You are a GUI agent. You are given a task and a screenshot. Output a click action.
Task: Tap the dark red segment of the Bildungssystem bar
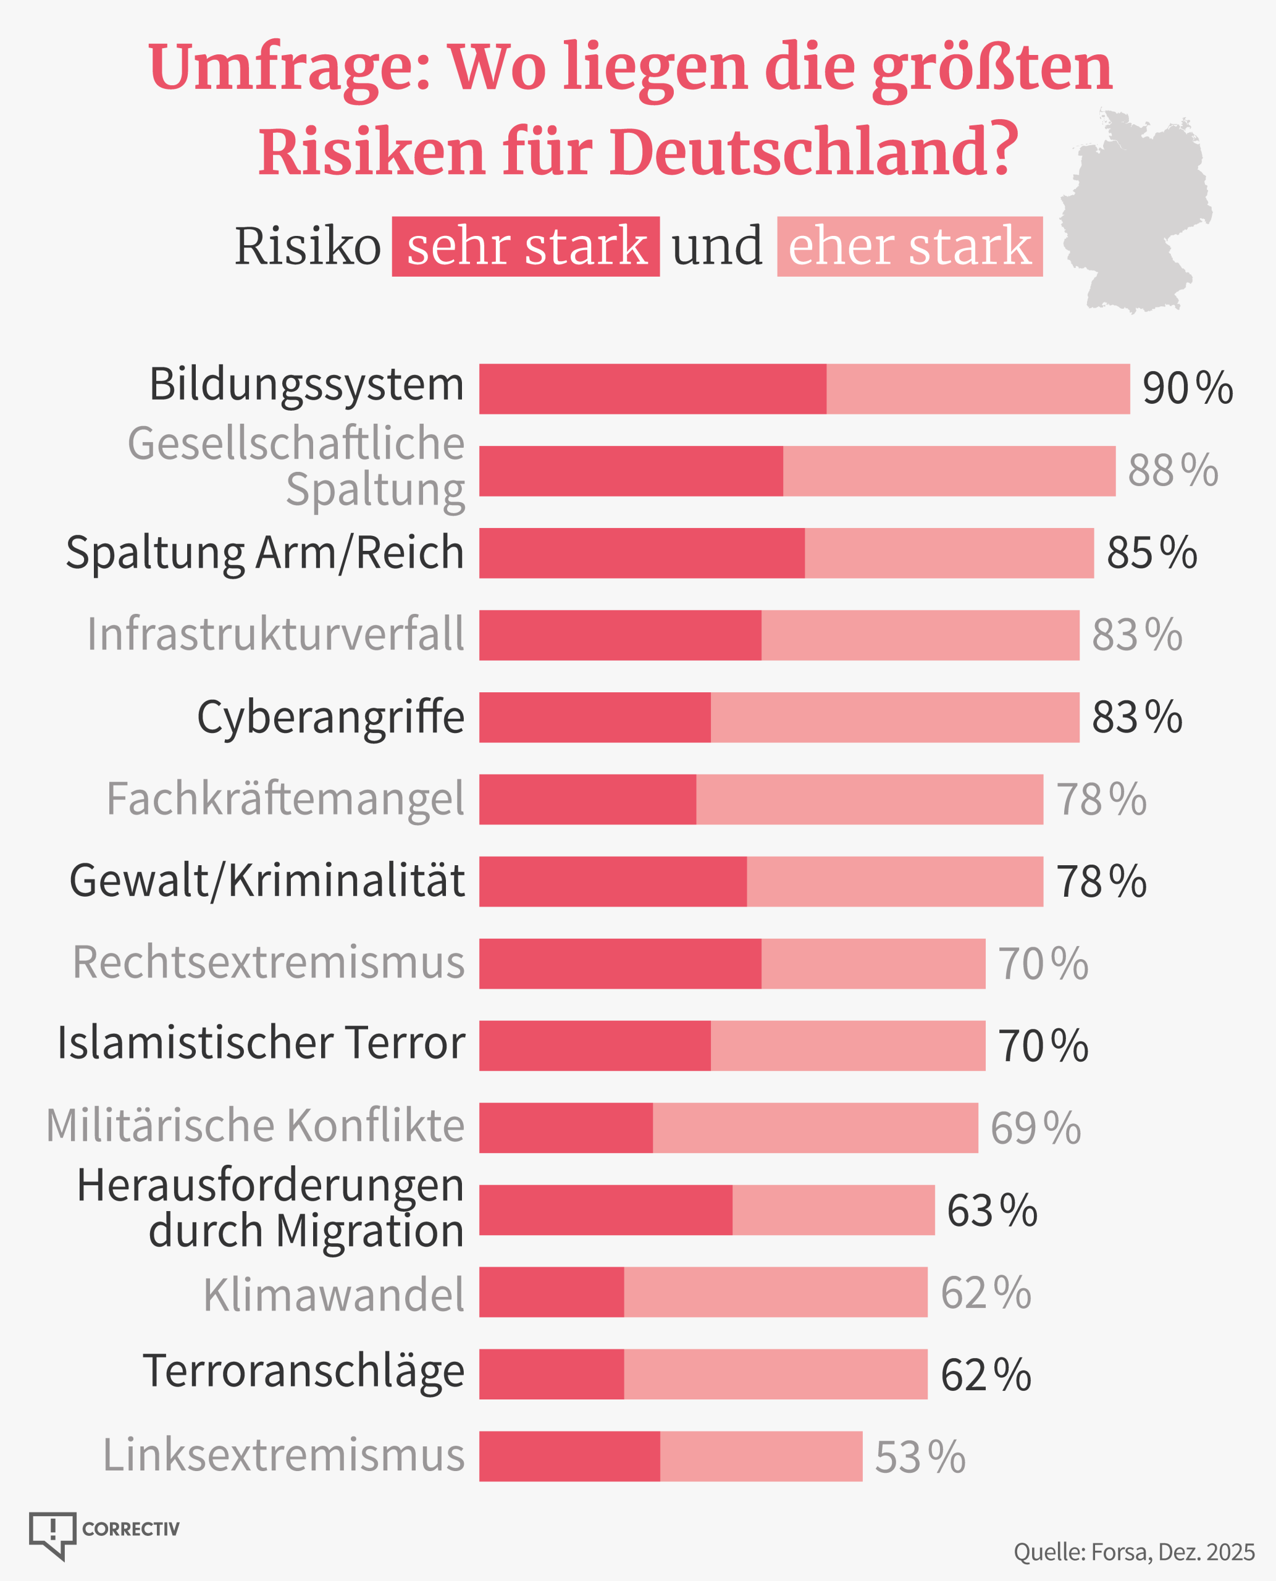coord(652,389)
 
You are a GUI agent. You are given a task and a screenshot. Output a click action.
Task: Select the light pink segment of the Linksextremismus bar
coord(761,1456)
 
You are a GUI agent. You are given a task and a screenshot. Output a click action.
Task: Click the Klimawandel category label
coord(334,1294)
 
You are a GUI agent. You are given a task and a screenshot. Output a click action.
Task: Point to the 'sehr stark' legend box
coord(526,246)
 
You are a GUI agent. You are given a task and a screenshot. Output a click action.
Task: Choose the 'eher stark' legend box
coord(909,246)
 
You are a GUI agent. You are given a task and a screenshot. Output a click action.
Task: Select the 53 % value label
coord(920,1457)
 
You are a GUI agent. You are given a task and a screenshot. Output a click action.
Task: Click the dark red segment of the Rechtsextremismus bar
coord(619,963)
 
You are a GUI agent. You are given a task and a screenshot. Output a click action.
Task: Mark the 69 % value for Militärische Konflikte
coord(1035,1128)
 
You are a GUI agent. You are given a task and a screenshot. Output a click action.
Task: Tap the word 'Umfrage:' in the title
coord(289,67)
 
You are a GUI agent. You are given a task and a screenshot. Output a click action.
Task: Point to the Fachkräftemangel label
coord(285,799)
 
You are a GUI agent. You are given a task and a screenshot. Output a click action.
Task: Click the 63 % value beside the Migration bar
coord(991,1210)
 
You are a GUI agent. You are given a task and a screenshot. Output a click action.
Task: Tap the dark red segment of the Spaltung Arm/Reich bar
coord(642,553)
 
